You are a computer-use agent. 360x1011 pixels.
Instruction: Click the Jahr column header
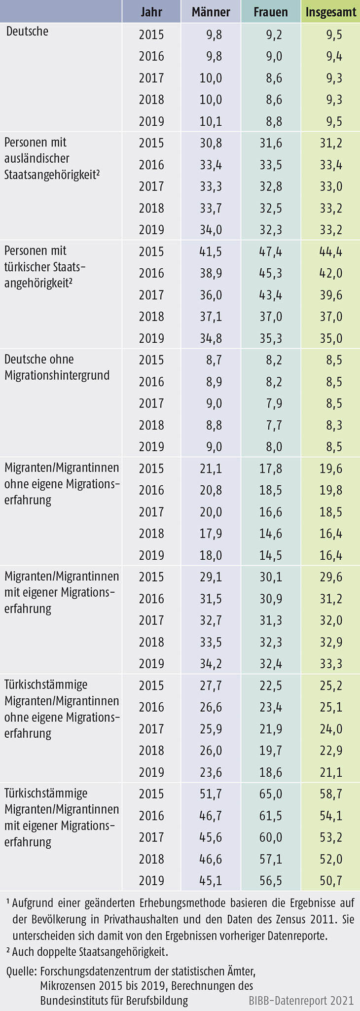tap(151, 12)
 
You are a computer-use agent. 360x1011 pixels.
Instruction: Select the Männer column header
tap(211, 12)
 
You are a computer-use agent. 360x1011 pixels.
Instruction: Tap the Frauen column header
tap(270, 12)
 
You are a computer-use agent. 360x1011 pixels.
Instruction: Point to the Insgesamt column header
tap(331, 12)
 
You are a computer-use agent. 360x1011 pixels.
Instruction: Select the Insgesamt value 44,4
tap(331, 252)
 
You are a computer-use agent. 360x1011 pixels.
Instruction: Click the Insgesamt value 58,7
tap(331, 794)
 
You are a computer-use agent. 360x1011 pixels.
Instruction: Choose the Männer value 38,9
tap(211, 273)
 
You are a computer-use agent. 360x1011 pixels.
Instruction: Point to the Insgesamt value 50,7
tap(331, 880)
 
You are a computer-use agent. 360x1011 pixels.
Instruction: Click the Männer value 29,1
tap(211, 577)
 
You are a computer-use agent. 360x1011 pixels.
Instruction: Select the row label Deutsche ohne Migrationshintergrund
tap(57, 367)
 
